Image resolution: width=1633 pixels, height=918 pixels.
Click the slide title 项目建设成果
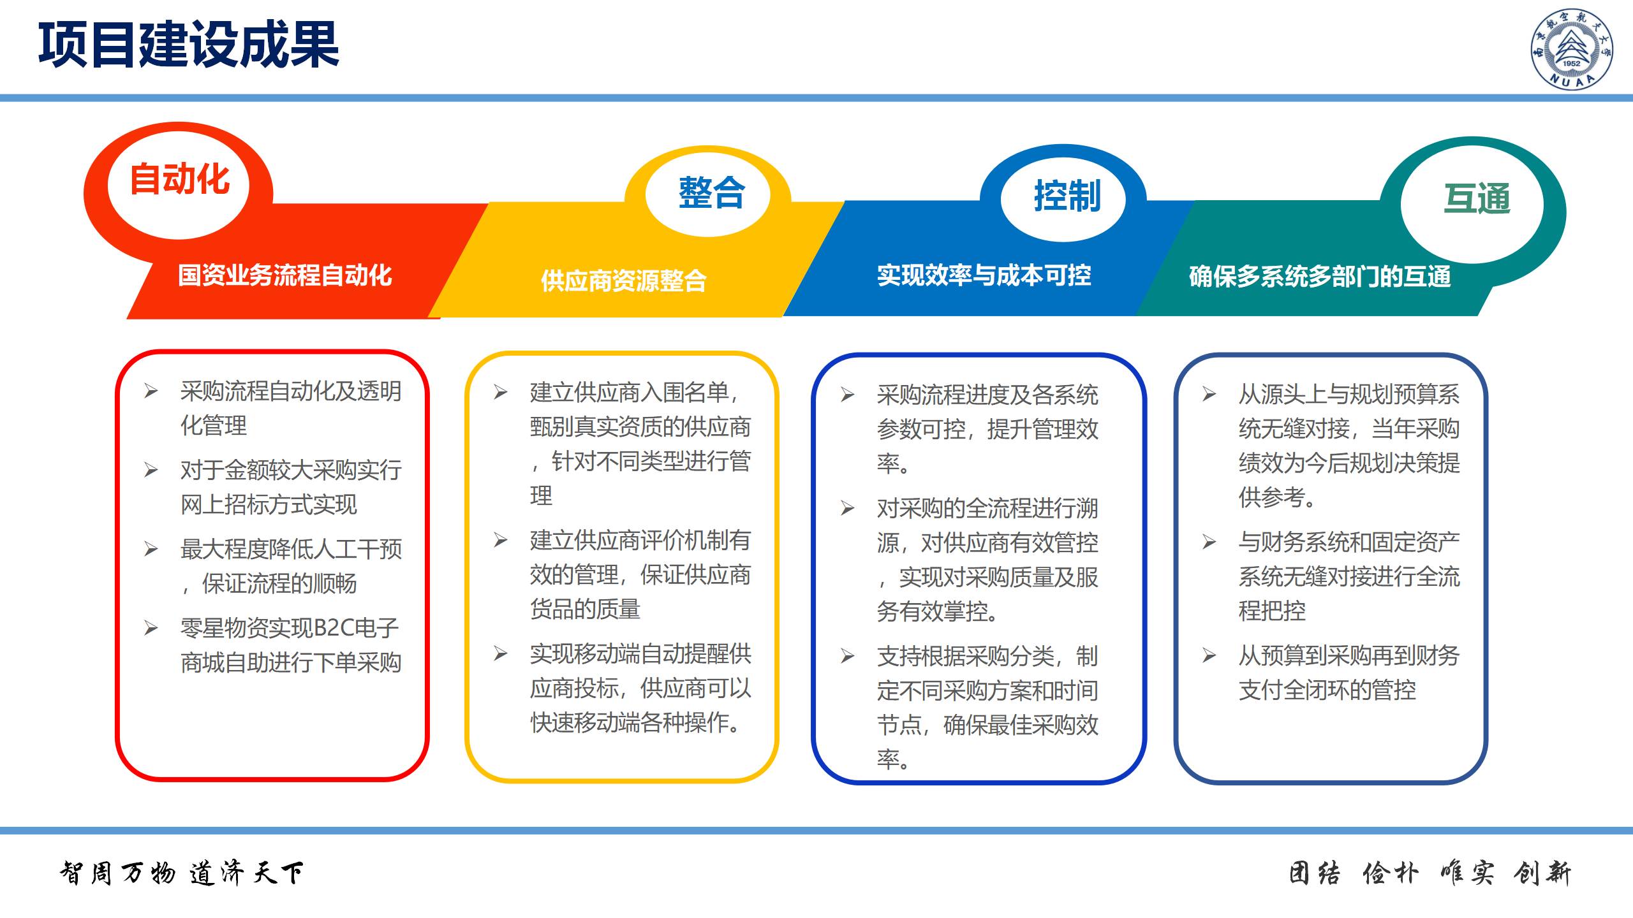pos(189,44)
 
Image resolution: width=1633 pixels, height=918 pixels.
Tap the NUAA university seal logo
pos(1571,48)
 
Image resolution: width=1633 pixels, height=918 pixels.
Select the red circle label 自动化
pos(180,179)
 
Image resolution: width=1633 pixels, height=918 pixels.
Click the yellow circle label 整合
pos(711,193)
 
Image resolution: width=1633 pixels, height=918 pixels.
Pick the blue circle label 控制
pos(1067,196)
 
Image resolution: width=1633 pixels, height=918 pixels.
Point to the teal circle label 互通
pos(1477,199)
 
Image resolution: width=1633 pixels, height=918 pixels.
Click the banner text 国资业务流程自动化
pos(284,275)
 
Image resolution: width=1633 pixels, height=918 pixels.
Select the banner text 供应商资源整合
pos(624,280)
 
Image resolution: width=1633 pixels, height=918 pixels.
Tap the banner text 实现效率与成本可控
pos(984,275)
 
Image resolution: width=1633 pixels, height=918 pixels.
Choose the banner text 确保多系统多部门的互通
pos(1320,277)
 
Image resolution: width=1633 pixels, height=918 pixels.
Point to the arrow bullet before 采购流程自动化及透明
pos(151,391)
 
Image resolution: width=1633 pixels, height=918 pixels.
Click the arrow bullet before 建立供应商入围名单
pos(501,392)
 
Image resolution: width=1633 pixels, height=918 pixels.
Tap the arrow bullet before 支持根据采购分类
pos(848,656)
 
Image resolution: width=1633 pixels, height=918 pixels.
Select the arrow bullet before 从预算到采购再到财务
pos(1209,655)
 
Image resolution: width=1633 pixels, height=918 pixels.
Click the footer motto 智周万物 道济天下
pos(182,873)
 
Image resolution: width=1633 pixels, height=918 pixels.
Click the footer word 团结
pos(1315,873)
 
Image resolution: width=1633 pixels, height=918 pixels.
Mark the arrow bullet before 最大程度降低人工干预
pos(151,549)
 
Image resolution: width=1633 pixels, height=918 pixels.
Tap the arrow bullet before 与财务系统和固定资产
pos(1209,542)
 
